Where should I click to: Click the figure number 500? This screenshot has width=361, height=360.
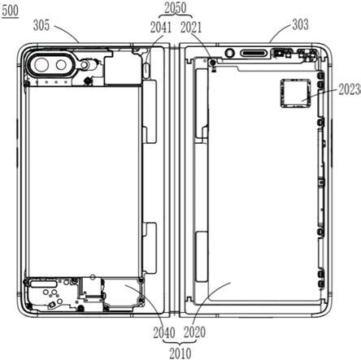(11, 11)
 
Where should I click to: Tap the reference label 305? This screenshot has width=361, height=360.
(41, 25)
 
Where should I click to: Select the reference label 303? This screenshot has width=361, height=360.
(300, 24)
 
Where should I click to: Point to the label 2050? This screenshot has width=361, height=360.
(176, 8)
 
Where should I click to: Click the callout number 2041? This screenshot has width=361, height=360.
(161, 28)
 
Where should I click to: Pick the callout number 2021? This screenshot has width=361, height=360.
(191, 28)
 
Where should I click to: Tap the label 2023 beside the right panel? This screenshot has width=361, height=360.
(350, 89)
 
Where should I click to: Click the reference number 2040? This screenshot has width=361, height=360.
(164, 332)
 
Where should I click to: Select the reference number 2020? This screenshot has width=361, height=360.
(194, 332)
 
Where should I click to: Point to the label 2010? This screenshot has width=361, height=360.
(180, 353)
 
